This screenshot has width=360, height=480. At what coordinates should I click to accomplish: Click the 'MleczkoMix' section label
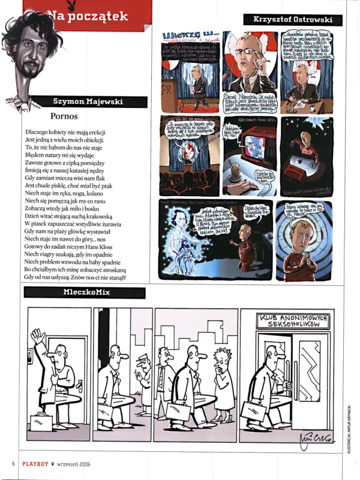[x=84, y=293]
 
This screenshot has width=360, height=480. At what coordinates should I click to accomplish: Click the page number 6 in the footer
[x=13, y=463]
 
